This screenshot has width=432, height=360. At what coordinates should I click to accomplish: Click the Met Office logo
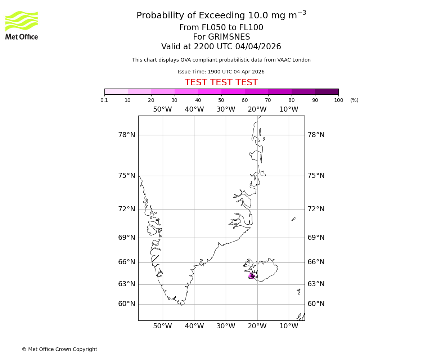22,25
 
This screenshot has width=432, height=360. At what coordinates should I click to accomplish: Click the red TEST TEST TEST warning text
221,83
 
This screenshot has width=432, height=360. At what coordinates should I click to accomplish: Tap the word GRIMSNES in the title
221,37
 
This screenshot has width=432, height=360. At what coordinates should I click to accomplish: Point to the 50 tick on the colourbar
221,100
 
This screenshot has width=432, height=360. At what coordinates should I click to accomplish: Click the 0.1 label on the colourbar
104,100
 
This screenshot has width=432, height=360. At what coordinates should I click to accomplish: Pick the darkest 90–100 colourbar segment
327,91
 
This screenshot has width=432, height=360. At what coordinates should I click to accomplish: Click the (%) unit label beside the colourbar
354,100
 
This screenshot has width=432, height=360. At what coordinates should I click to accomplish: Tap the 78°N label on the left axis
127,135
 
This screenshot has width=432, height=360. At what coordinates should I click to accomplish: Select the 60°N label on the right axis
316,304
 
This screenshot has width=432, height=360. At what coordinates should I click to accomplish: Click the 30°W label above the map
226,109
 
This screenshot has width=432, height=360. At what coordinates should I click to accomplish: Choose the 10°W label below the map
289,326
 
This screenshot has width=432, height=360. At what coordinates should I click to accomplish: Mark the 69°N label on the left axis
127,238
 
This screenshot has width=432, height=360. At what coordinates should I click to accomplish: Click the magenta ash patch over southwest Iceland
251,276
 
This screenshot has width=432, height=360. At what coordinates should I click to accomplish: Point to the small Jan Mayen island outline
293,219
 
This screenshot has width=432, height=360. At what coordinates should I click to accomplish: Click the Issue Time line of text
221,72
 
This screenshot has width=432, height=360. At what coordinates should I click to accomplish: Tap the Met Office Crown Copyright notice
59,349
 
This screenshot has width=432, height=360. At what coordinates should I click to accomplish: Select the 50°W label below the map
163,326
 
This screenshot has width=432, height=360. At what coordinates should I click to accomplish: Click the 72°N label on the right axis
316,209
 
